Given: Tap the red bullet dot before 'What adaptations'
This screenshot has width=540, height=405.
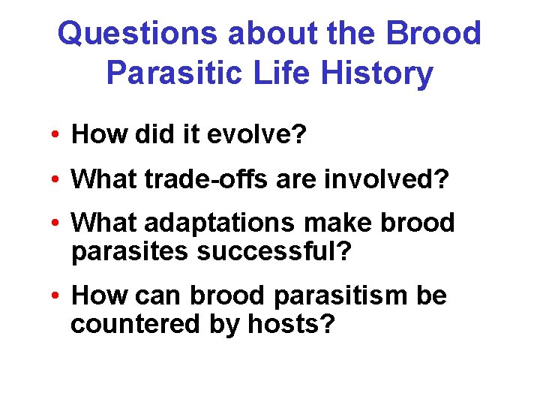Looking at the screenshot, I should (56, 224).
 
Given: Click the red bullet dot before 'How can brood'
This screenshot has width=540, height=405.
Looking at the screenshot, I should (56, 296).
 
